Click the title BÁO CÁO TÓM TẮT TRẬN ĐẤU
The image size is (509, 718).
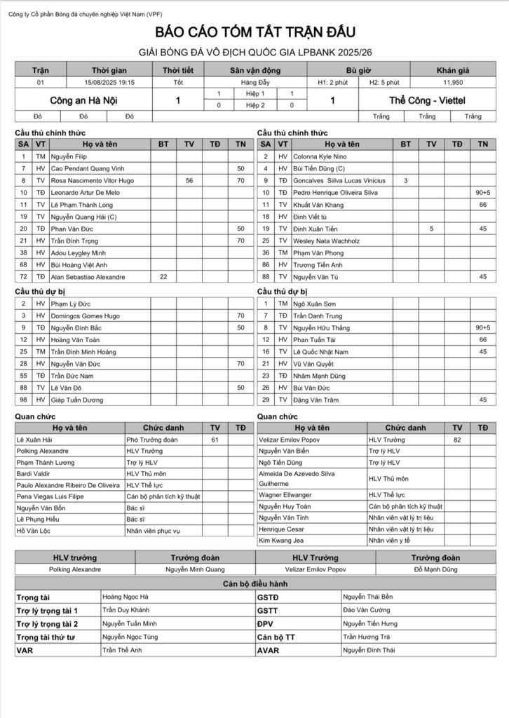[x=254, y=32]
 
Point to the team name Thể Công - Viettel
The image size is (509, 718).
[x=428, y=100]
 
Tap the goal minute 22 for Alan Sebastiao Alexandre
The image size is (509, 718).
[x=164, y=277]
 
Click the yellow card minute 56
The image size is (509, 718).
[x=189, y=181]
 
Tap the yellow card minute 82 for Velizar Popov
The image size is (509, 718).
[x=457, y=439]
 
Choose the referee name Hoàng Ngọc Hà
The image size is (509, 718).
[x=125, y=597]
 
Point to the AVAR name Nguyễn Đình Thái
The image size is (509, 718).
[x=369, y=650]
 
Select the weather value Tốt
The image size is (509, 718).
[x=179, y=82]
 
